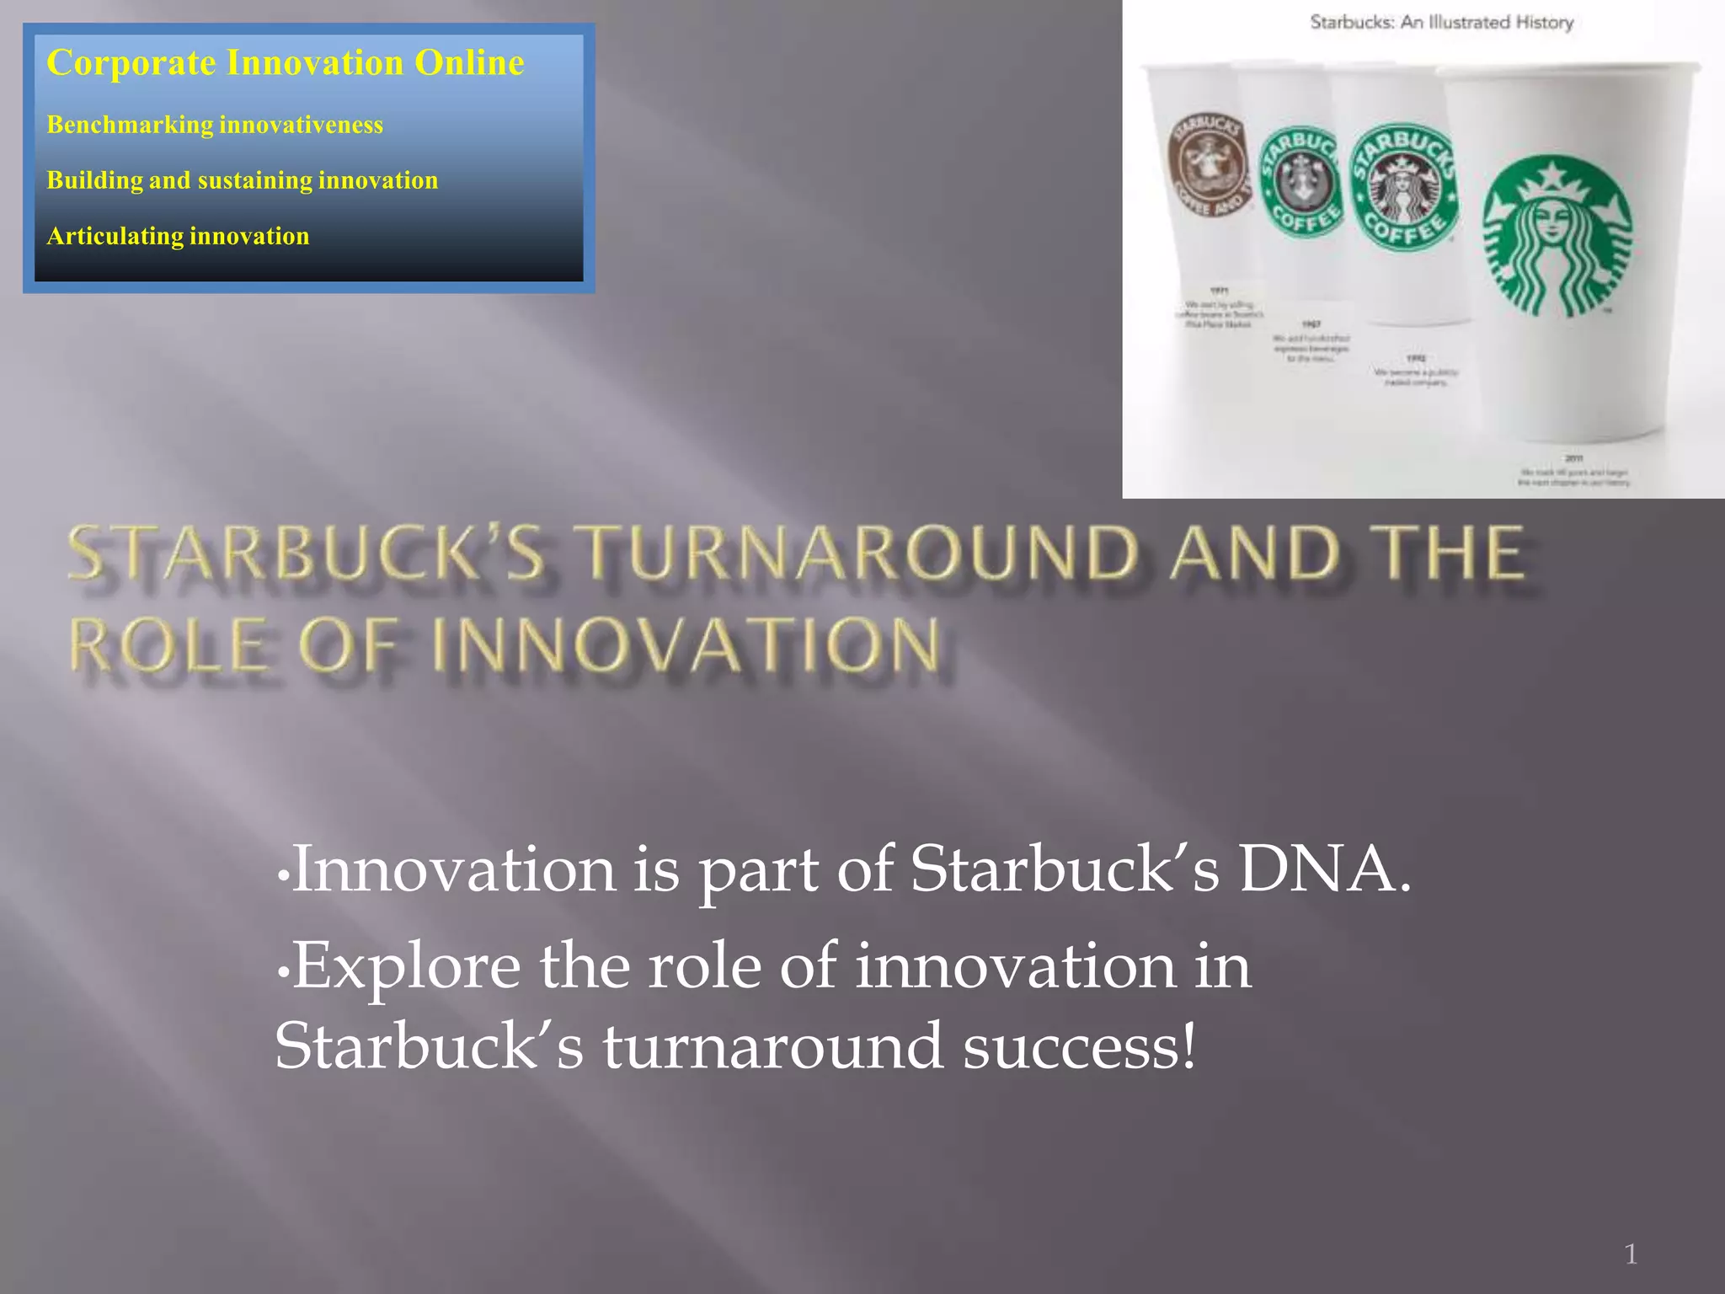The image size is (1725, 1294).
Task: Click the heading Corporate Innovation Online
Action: pyautogui.click(x=285, y=63)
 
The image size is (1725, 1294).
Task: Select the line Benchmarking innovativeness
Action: pyautogui.click(x=215, y=125)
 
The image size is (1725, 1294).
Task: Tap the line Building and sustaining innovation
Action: pyautogui.click(x=242, y=180)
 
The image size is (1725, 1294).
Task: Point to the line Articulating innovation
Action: pyautogui.click(x=178, y=236)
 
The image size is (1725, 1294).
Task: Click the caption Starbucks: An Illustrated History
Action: pyautogui.click(x=1441, y=23)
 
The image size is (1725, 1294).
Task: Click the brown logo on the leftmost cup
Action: pyautogui.click(x=1206, y=164)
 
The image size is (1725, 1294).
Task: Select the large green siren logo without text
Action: pyautogui.click(x=1557, y=237)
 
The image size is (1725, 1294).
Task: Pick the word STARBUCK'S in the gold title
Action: pyautogui.click(x=307, y=553)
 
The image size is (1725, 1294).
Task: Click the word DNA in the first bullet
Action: pyautogui.click(x=1323, y=869)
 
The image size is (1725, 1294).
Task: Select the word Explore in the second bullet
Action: pyautogui.click(x=407, y=966)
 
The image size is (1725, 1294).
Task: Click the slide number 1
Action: pyautogui.click(x=1631, y=1254)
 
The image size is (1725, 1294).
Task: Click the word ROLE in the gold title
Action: pyautogui.click(x=168, y=646)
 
